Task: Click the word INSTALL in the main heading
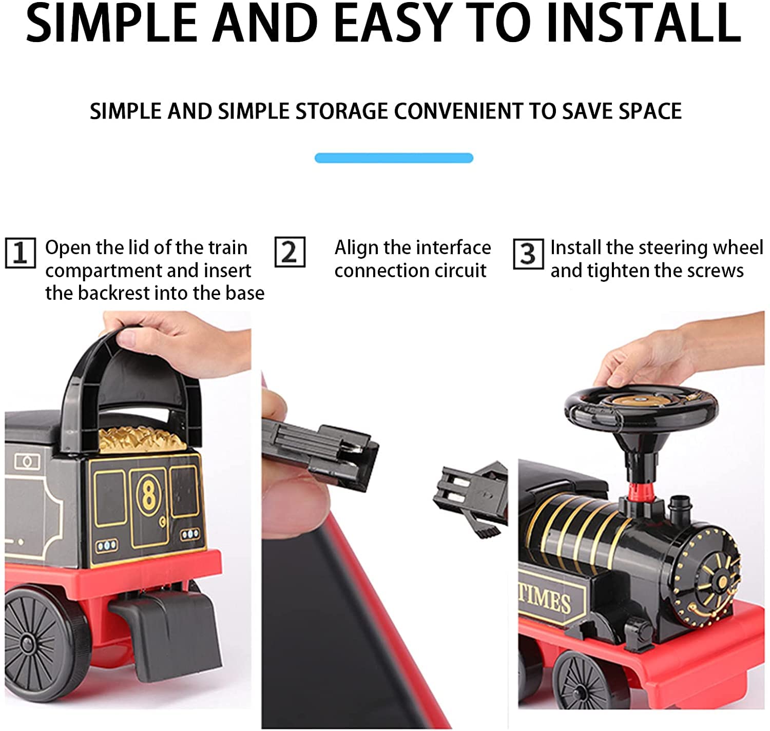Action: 643,24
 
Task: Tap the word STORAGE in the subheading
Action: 341,111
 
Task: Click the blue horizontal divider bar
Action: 394,158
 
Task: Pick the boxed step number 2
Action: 290,252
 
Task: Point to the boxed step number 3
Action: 528,254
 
